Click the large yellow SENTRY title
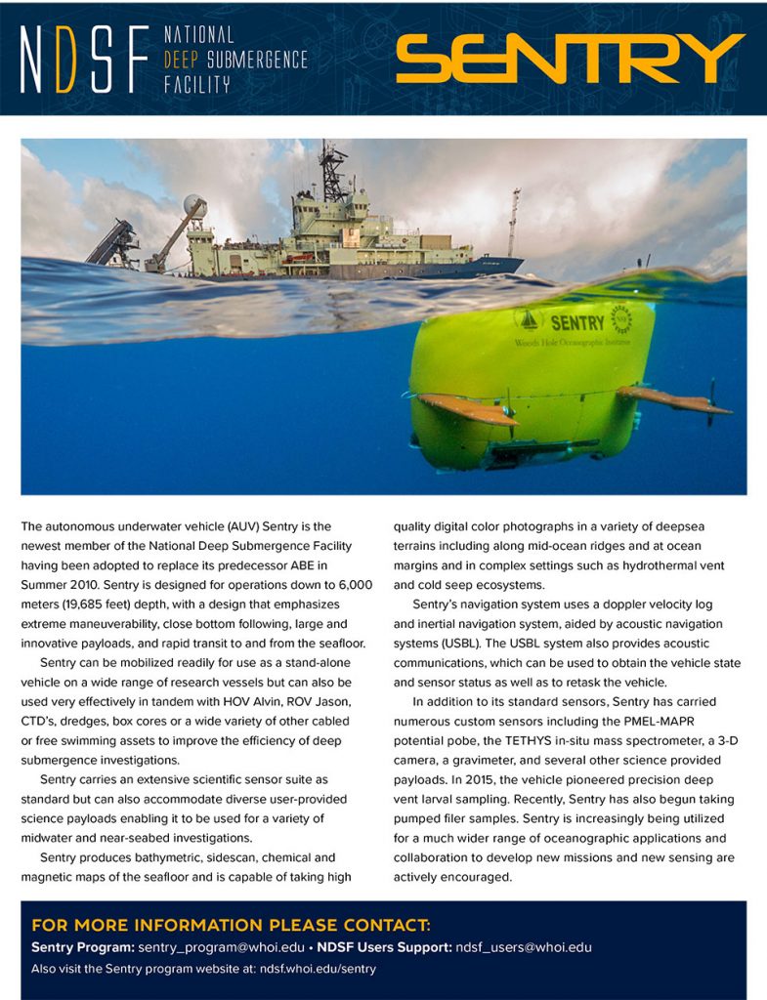click(x=570, y=59)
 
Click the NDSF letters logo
click(x=83, y=60)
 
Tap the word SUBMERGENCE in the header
click(x=253, y=60)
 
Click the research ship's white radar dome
click(x=192, y=205)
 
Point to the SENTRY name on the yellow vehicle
click(x=576, y=322)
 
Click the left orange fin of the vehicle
click(x=466, y=408)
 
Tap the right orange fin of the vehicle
click(x=674, y=398)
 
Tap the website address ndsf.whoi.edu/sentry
click(x=317, y=969)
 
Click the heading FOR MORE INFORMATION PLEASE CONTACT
click(x=231, y=925)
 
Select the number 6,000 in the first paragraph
click(x=354, y=584)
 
